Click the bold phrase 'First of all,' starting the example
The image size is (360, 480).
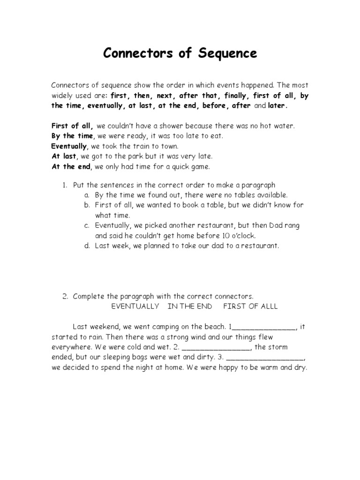[73, 126]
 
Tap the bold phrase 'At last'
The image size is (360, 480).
[64, 156]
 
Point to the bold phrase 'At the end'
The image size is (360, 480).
[72, 166]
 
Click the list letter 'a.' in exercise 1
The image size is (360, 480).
[87, 195]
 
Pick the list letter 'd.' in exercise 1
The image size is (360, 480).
[87, 245]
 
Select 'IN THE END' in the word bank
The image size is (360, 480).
[190, 306]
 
